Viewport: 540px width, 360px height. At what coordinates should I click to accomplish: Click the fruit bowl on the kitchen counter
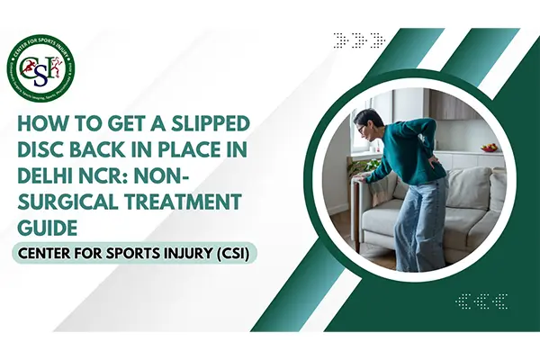(x=489, y=147)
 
